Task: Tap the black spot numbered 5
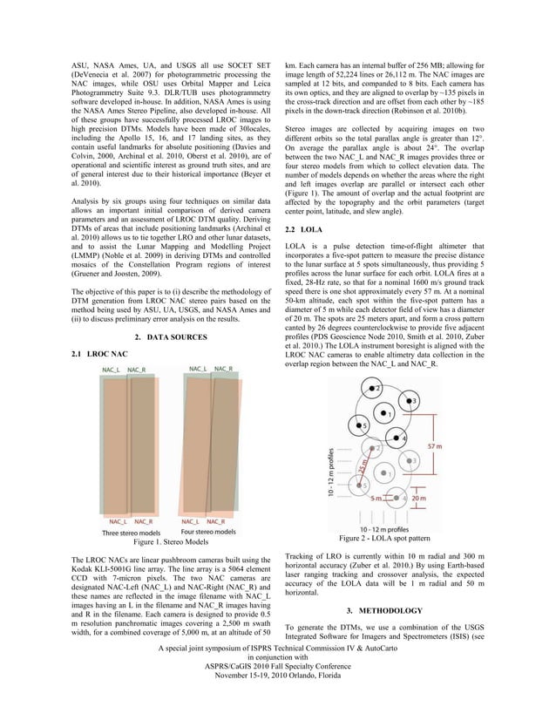[364, 425]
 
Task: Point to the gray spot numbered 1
[390, 475]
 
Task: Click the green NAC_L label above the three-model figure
[112, 370]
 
